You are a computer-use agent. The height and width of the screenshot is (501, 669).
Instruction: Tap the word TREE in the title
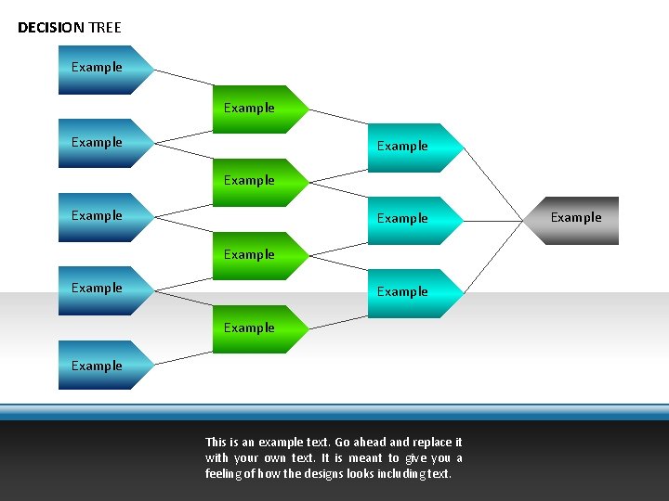(105, 28)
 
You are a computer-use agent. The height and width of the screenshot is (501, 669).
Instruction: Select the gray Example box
(577, 220)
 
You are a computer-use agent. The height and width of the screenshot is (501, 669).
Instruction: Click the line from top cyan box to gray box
(493, 185)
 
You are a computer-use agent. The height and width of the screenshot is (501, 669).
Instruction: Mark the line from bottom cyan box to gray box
(493, 256)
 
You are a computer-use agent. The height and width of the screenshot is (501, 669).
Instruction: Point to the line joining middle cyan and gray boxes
(493, 221)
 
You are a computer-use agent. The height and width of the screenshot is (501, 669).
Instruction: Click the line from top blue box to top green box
(183, 78)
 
